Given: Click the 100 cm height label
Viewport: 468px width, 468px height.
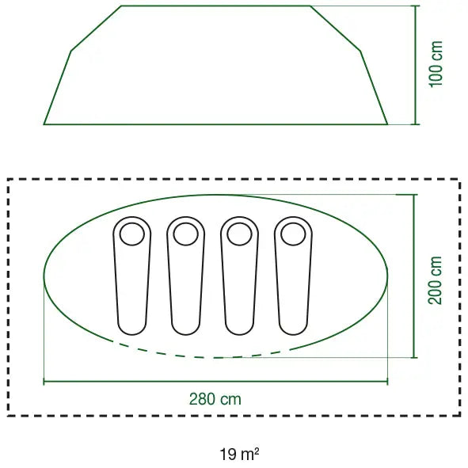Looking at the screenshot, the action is [436, 64].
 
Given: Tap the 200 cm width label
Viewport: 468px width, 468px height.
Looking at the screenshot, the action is [435, 280].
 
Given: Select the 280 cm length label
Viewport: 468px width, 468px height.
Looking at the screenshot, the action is [215, 399].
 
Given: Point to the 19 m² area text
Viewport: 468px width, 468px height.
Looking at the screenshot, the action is [239, 455].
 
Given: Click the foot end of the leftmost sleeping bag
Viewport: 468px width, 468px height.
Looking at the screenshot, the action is [132, 335].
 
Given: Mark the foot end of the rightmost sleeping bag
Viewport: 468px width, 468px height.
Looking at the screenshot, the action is [293, 335].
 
